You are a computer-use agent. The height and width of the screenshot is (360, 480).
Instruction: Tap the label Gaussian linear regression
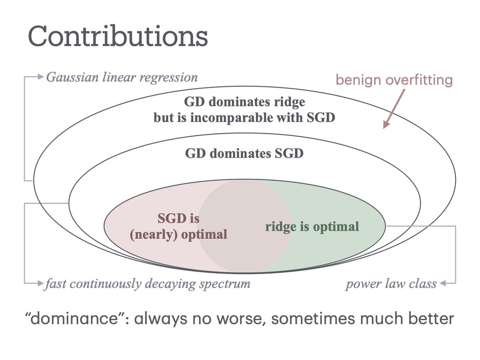pyautogui.click(x=122, y=76)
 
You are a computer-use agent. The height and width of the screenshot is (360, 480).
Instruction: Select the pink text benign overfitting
pyautogui.click(x=394, y=80)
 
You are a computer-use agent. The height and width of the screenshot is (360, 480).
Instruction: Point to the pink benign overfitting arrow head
pyautogui.click(x=385, y=126)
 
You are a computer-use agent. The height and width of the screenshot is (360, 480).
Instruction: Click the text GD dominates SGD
pyautogui.click(x=244, y=153)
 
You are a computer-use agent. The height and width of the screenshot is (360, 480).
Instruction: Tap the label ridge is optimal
pyautogui.click(x=312, y=227)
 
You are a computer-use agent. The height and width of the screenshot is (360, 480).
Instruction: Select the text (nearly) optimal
pyautogui.click(x=178, y=234)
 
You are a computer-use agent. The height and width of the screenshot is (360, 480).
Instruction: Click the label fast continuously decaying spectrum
pyautogui.click(x=148, y=284)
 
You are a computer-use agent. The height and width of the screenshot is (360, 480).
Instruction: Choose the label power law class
pyautogui.click(x=391, y=284)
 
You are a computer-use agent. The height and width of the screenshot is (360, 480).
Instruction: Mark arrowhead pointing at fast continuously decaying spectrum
pyautogui.click(x=40, y=284)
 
